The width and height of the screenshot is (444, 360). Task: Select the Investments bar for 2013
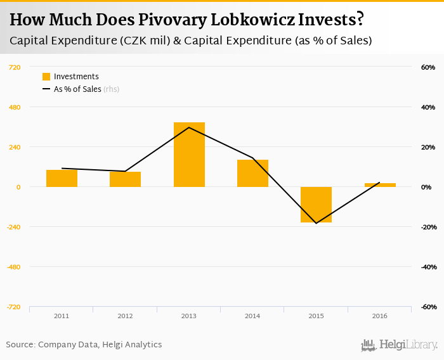(189, 155)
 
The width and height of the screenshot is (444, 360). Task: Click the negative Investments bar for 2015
(316, 205)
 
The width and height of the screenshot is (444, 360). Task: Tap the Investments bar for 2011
(62, 178)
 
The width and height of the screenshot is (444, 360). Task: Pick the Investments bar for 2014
(252, 173)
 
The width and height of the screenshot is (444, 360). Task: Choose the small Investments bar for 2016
(380, 185)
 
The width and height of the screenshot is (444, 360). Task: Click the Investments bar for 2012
(125, 179)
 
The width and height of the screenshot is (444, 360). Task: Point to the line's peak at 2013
(189, 127)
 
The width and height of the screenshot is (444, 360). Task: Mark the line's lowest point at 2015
(316, 223)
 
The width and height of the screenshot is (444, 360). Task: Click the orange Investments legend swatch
(46, 77)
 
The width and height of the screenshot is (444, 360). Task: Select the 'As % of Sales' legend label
(77, 89)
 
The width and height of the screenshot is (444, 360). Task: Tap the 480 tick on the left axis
(13, 107)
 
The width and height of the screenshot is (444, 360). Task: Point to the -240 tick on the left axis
(12, 227)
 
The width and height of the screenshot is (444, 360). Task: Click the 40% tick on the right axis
(427, 107)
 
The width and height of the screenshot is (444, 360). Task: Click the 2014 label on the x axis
(252, 316)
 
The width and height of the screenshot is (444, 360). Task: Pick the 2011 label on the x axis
(62, 316)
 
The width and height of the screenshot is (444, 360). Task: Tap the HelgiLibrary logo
(400, 345)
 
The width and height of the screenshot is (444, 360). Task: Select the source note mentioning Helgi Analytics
(84, 345)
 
